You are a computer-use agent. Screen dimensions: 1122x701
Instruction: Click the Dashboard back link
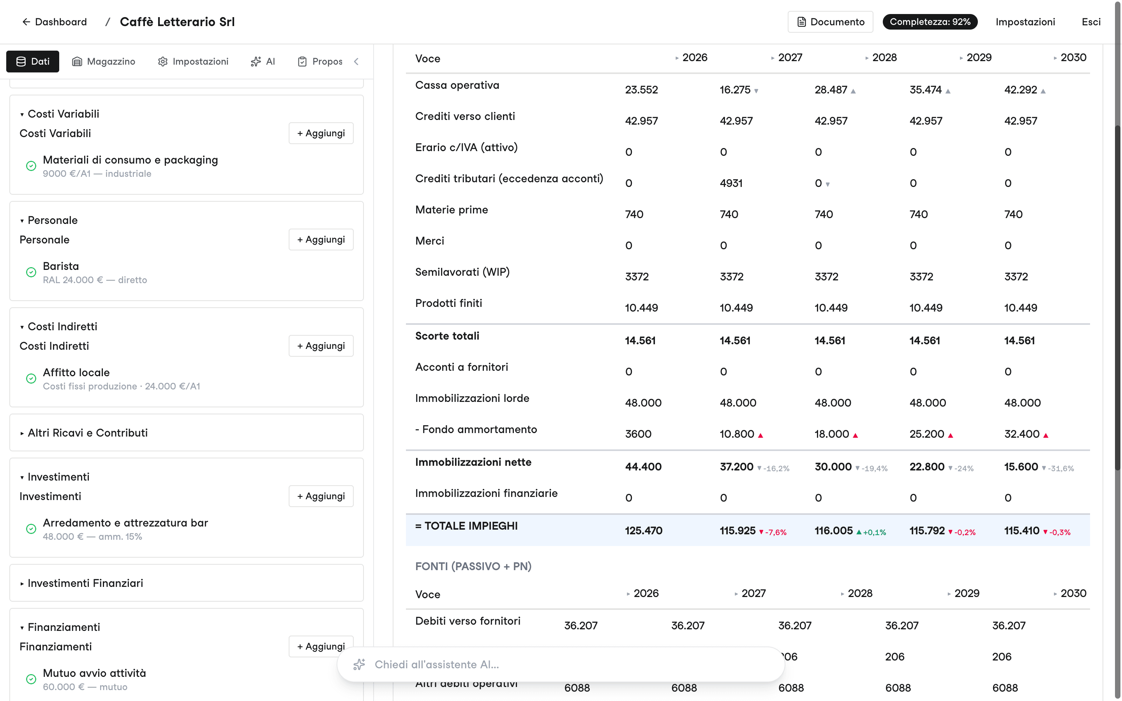click(x=55, y=22)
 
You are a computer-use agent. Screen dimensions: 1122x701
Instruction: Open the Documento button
click(x=830, y=22)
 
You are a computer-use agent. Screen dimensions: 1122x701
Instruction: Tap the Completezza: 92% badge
click(x=930, y=22)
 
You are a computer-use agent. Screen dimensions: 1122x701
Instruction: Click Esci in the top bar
click(x=1091, y=22)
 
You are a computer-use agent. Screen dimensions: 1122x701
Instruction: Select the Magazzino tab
click(x=104, y=62)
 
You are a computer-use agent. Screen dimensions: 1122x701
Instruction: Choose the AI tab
click(x=263, y=62)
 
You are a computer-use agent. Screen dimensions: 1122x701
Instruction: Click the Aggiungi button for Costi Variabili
click(x=321, y=133)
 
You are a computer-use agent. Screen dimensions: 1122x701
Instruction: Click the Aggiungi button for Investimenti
click(x=321, y=496)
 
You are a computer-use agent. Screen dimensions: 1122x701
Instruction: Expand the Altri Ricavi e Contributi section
click(x=88, y=433)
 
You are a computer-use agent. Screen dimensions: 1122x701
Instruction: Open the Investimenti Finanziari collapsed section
click(x=85, y=583)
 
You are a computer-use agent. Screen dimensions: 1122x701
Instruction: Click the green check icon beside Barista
click(x=31, y=272)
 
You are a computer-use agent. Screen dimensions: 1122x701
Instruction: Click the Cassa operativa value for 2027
click(x=735, y=90)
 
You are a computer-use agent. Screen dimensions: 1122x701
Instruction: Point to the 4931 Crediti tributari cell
click(x=731, y=183)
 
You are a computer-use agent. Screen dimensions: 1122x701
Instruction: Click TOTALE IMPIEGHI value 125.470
click(x=644, y=530)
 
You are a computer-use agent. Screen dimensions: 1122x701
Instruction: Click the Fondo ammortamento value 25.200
click(x=927, y=434)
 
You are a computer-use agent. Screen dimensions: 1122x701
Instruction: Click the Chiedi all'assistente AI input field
click(x=561, y=664)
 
